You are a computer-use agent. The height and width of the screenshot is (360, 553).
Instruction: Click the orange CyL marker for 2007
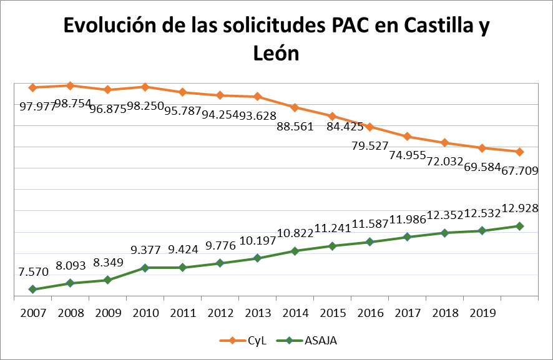pyautogui.click(x=32, y=87)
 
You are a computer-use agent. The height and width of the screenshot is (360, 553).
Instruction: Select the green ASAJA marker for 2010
pyautogui.click(x=145, y=268)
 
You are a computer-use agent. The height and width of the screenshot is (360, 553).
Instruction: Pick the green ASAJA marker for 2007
pyautogui.click(x=32, y=289)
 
